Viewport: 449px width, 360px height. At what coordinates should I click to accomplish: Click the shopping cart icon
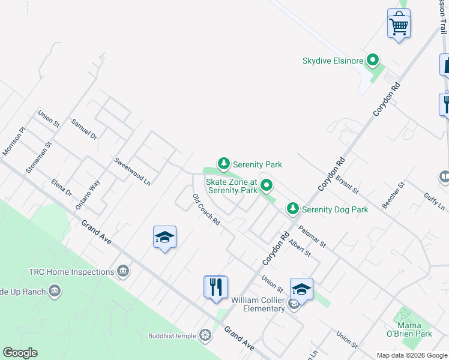click(x=399, y=25)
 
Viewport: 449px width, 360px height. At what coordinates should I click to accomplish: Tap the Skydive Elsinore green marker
click(x=373, y=60)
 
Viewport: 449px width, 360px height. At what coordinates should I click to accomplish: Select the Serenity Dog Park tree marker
click(x=292, y=209)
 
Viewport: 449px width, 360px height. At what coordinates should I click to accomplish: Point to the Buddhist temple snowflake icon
click(x=205, y=335)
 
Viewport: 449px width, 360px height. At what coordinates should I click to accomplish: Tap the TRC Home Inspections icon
click(x=124, y=272)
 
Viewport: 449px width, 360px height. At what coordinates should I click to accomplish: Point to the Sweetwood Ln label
click(x=132, y=171)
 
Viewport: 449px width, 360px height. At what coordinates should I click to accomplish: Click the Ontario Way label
click(x=88, y=194)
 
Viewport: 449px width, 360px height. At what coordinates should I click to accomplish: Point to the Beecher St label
click(x=394, y=195)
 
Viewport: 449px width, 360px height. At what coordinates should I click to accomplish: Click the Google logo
click(x=20, y=353)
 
